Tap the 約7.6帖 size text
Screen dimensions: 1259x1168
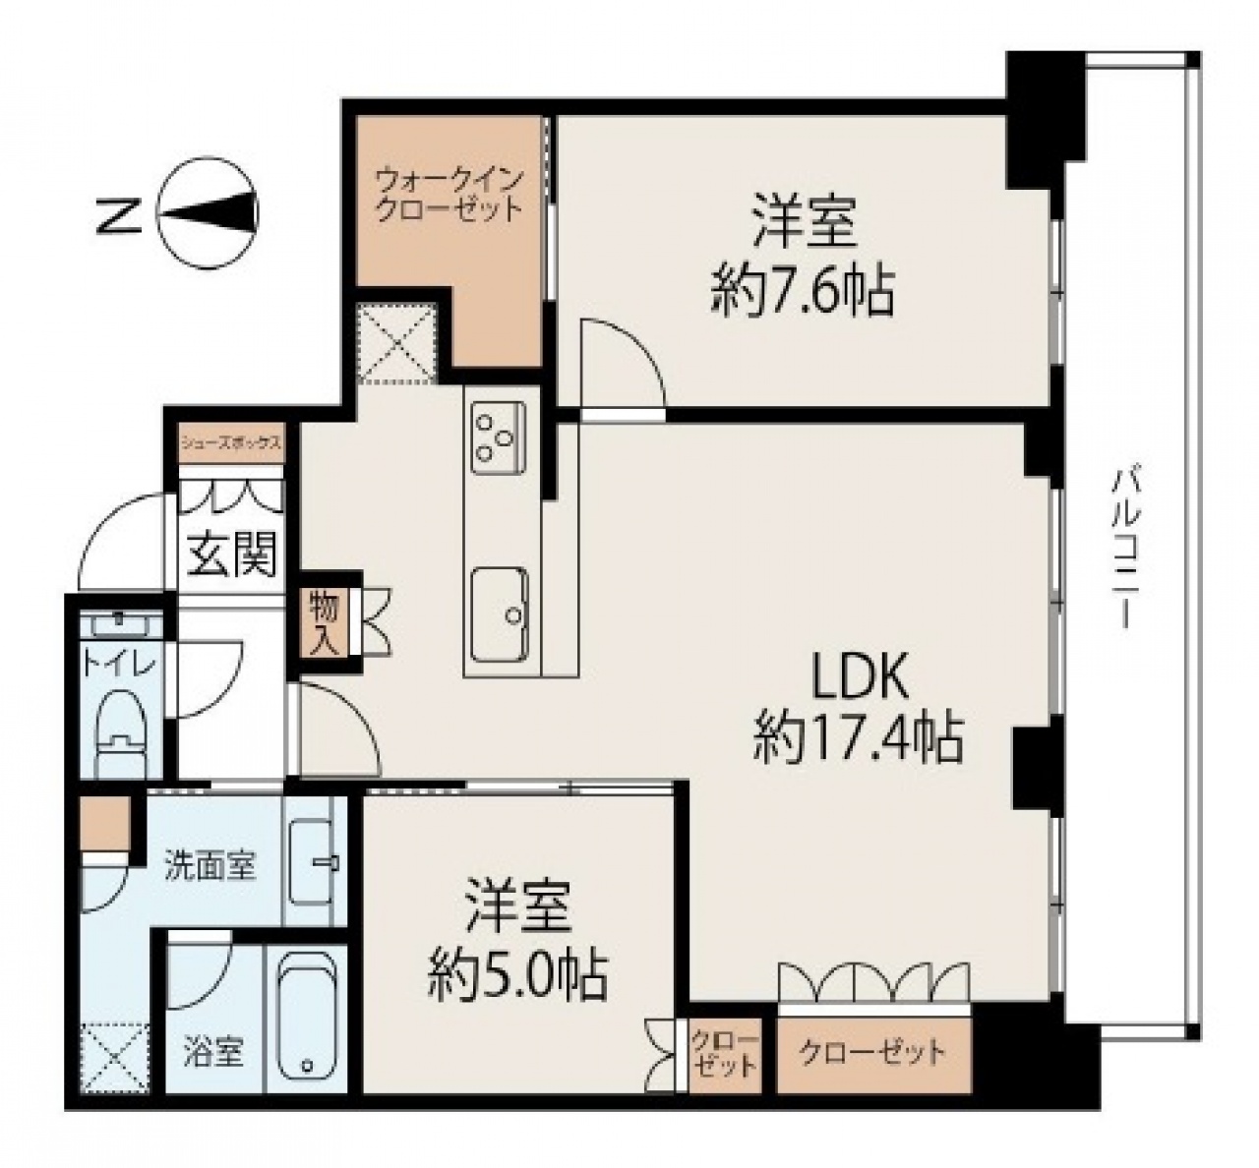click(802, 293)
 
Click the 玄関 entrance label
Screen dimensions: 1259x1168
click(233, 554)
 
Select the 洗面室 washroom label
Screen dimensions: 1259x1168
click(210, 866)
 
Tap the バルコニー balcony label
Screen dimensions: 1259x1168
click(1124, 545)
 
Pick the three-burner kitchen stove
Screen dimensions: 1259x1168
click(499, 438)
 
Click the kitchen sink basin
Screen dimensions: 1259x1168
click(500, 614)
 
